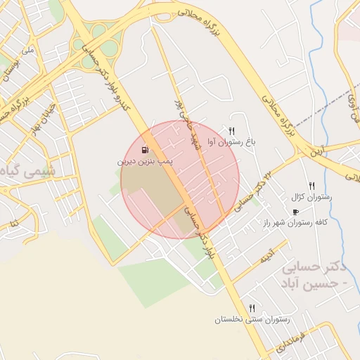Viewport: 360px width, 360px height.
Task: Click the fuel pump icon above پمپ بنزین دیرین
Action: [x=146, y=150]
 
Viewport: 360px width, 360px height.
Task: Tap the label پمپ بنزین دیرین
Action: [x=145, y=162]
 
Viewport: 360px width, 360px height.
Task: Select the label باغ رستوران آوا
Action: [x=231, y=142]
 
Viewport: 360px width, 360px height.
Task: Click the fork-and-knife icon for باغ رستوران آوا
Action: [x=231, y=131]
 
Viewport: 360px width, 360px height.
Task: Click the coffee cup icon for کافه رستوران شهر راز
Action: [x=295, y=212]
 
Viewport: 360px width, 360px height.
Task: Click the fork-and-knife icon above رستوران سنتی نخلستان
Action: [x=252, y=308]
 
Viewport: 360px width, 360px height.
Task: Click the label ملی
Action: [x=28, y=51]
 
